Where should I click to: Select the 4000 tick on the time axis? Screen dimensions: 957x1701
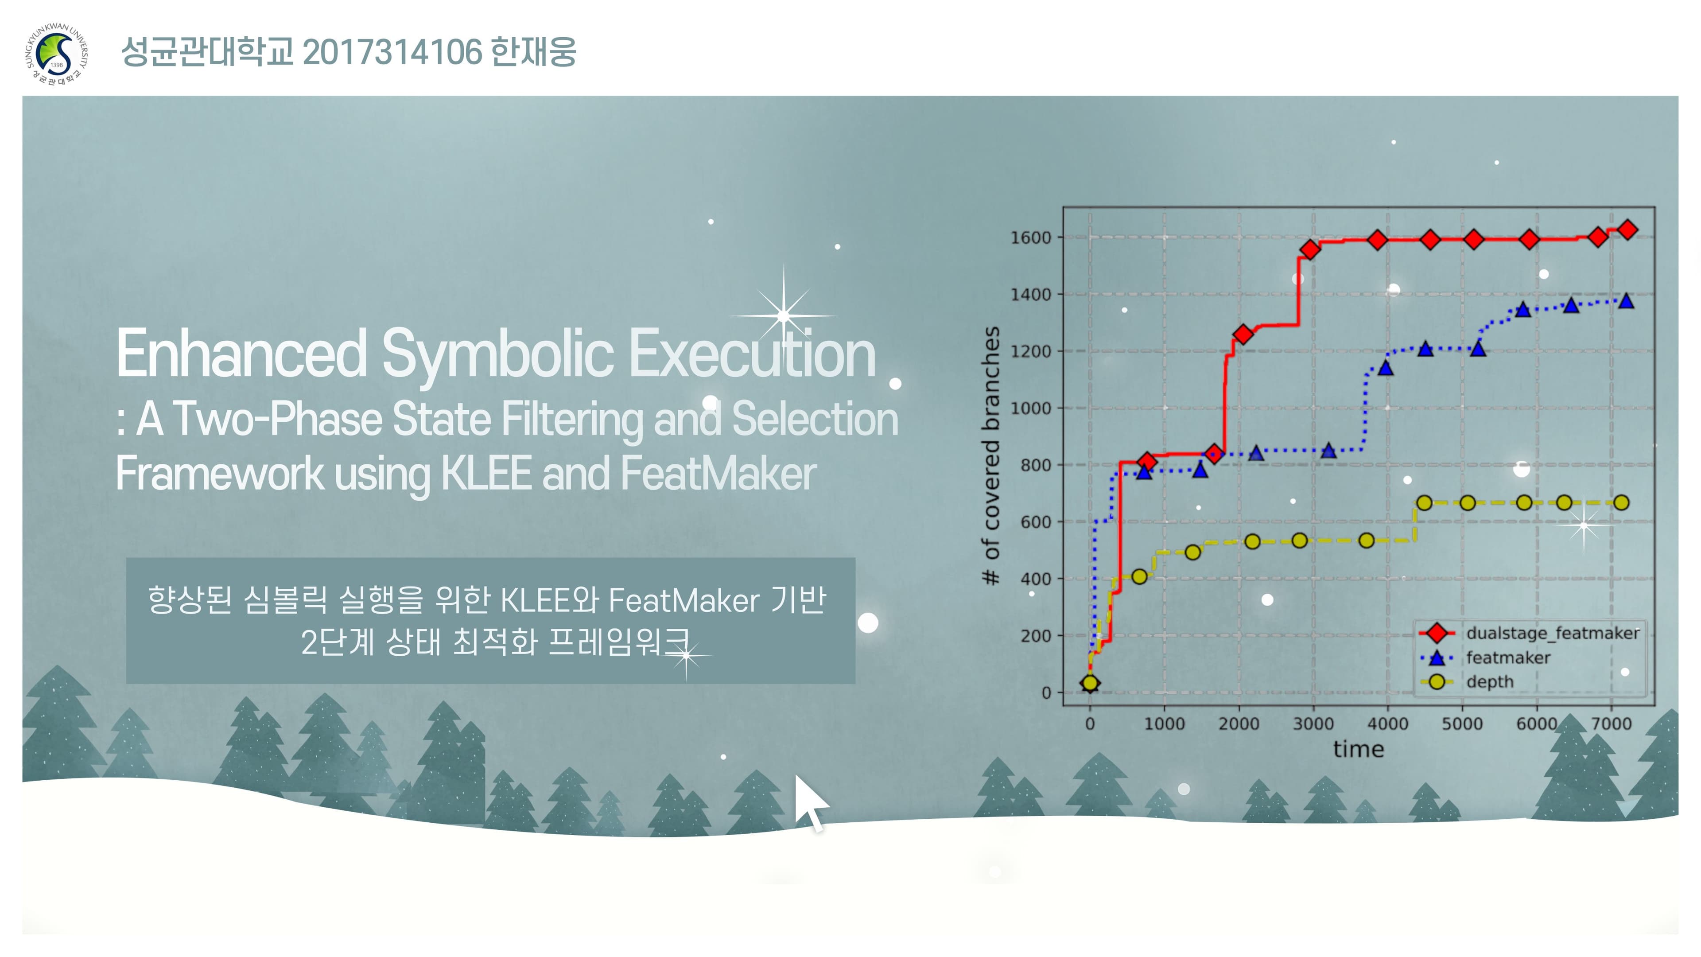click(1387, 724)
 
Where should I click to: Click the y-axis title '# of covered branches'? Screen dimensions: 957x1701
click(990, 456)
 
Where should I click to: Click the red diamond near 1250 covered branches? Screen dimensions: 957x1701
click(1243, 334)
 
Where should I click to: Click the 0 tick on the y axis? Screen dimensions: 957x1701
click(1046, 693)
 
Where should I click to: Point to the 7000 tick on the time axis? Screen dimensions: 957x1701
click(1611, 724)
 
